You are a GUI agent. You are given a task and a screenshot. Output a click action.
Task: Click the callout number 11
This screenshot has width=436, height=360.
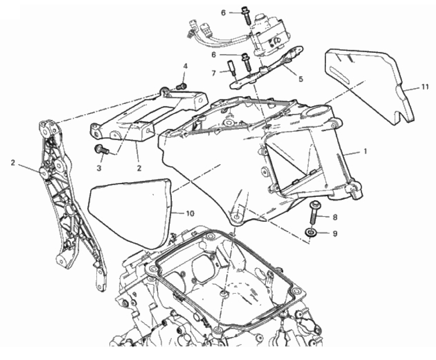click(424, 87)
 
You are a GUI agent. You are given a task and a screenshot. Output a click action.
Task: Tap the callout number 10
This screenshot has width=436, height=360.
click(190, 214)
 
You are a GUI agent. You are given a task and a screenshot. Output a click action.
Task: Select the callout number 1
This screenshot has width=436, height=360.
click(366, 151)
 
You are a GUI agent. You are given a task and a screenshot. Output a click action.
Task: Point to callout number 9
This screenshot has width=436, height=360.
click(335, 234)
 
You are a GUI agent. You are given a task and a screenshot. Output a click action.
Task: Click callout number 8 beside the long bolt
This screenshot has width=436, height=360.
click(335, 217)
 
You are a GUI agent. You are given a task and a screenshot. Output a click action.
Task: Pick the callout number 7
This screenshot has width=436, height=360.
click(213, 73)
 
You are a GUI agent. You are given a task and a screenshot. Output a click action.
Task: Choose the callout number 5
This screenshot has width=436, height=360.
click(301, 79)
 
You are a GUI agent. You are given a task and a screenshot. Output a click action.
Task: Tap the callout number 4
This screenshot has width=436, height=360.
click(186, 66)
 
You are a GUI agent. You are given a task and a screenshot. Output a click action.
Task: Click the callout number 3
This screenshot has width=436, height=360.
click(99, 168)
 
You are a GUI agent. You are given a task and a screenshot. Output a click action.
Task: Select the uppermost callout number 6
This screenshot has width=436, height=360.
click(223, 13)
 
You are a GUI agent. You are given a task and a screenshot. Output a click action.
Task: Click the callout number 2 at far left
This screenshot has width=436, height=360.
click(13, 163)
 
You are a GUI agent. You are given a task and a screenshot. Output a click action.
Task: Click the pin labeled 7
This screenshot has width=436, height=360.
click(232, 67)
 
